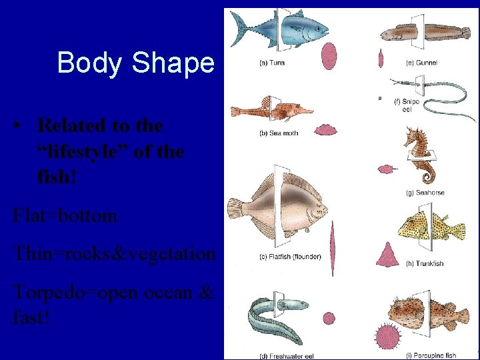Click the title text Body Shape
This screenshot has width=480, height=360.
pyautogui.click(x=136, y=63)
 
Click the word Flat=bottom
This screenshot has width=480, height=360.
pyautogui.click(x=65, y=216)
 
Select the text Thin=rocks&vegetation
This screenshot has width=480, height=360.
pyautogui.click(x=114, y=254)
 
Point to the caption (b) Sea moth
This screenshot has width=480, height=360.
pyautogui.click(x=279, y=133)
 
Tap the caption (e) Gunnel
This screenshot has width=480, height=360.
pyautogui.click(x=421, y=63)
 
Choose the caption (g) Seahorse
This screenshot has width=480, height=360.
pyautogui.click(x=425, y=193)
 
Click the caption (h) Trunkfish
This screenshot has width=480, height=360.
pyautogui.click(x=425, y=263)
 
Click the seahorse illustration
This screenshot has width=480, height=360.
pyautogui.click(x=420, y=157)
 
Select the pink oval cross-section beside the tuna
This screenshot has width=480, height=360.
pyautogui.click(x=329, y=57)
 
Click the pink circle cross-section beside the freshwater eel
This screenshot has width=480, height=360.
pyautogui.click(x=328, y=319)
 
